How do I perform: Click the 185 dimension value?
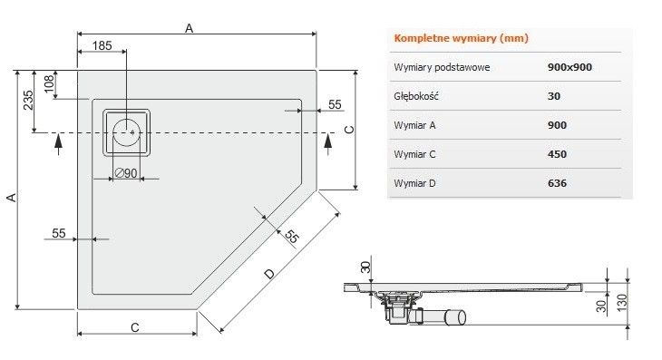tap(102, 45)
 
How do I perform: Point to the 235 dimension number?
tap(29, 100)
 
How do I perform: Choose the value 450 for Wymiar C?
tap(559, 154)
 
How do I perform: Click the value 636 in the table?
tap(559, 183)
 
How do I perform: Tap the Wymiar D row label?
tap(416, 183)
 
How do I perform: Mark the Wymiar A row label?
tap(416, 125)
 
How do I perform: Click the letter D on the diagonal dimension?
tap(268, 274)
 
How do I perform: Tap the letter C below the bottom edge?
tap(134, 327)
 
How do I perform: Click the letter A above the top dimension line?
tap(190, 28)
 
